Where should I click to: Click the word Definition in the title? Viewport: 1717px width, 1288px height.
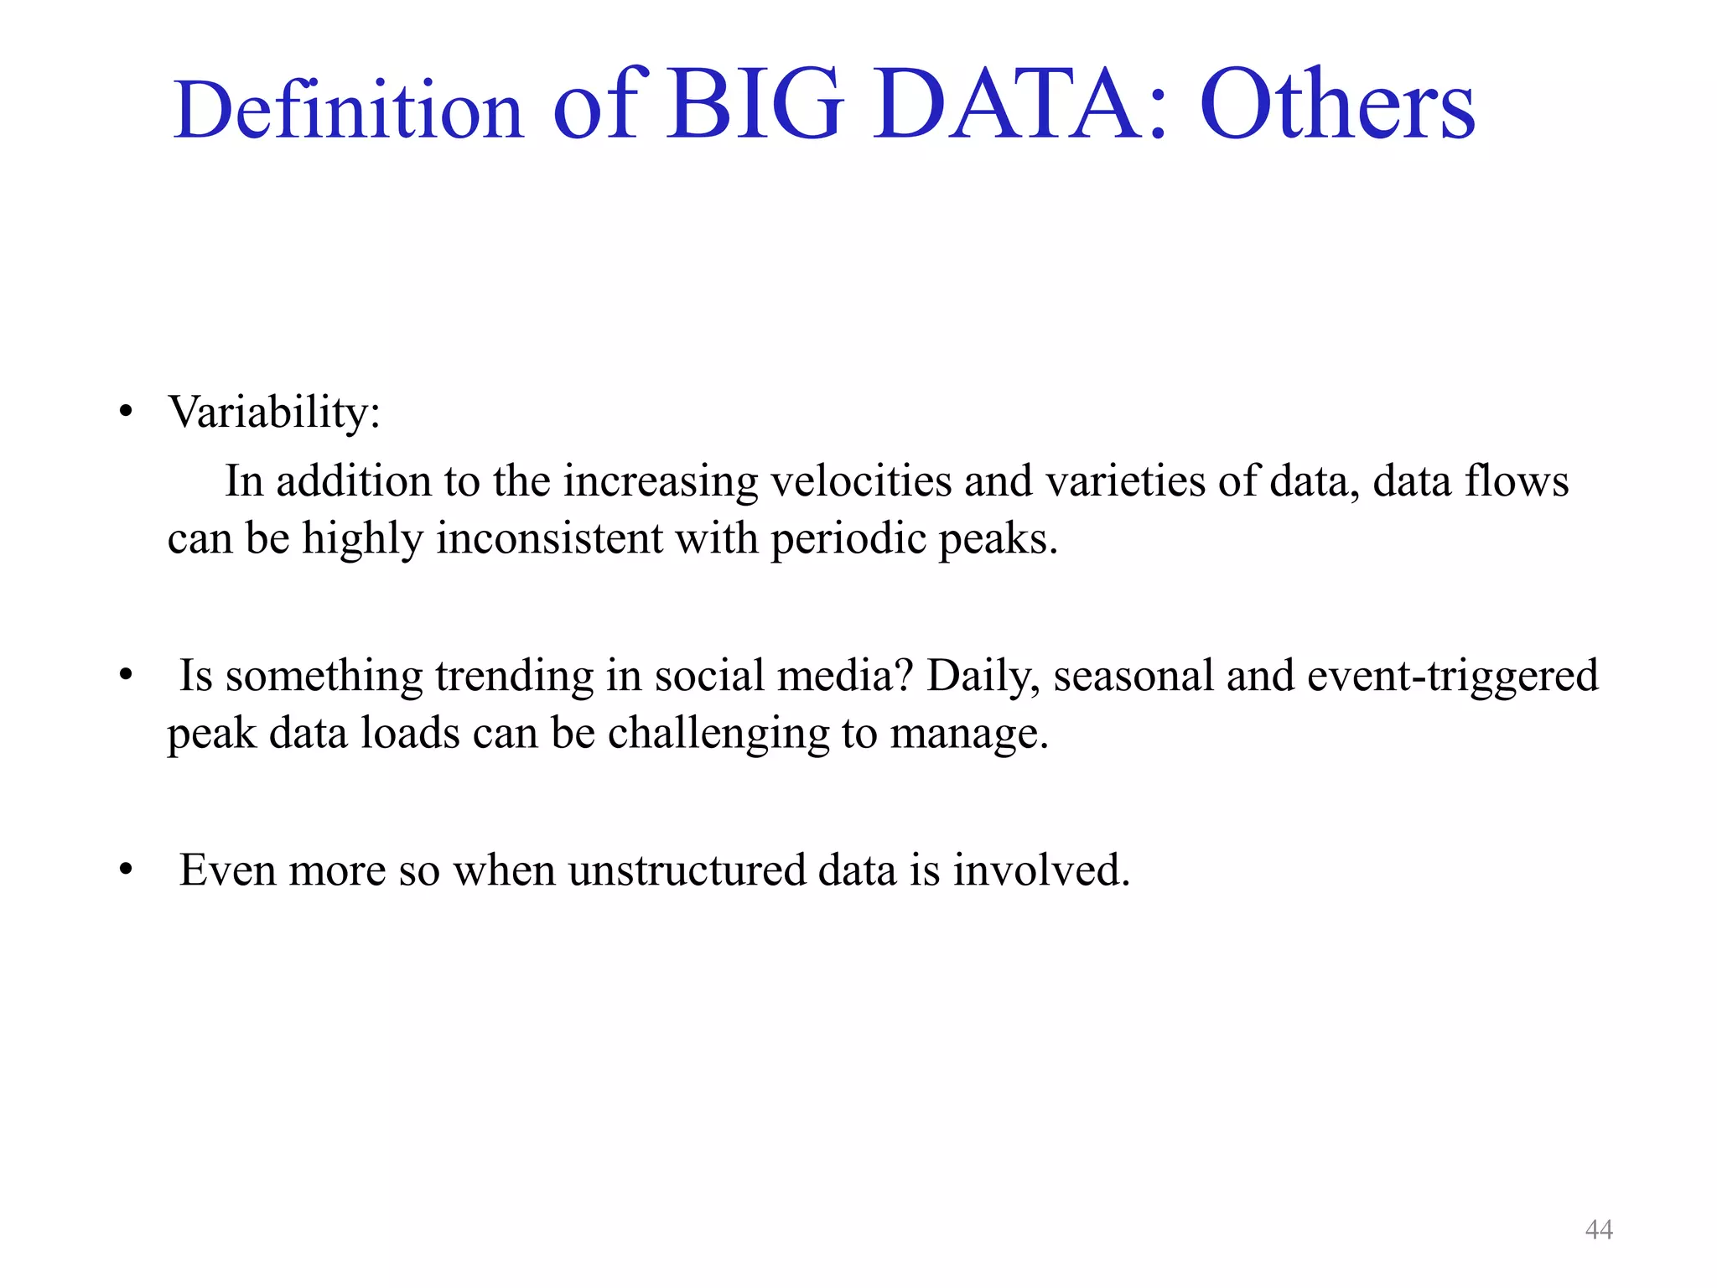point(348,110)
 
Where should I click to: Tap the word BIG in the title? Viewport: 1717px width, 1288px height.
point(755,106)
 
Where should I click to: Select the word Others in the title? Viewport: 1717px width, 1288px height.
point(1336,106)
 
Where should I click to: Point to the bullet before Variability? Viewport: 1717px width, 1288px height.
point(126,413)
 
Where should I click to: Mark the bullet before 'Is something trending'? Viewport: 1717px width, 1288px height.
point(126,676)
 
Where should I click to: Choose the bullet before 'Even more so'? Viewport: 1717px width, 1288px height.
point(126,870)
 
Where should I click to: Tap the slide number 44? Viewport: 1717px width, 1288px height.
point(1599,1230)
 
